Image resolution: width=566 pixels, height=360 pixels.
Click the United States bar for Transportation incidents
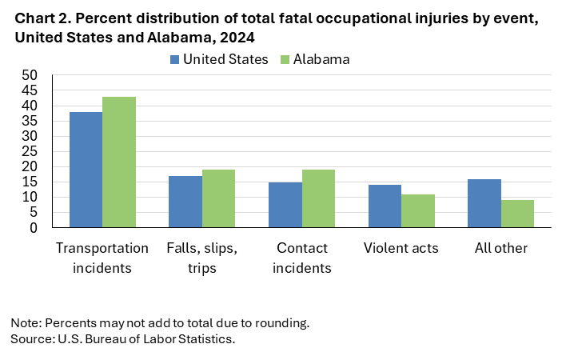(86, 170)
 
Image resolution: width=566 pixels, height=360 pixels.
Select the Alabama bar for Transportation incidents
(119, 162)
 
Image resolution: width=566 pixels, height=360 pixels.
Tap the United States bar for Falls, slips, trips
(185, 202)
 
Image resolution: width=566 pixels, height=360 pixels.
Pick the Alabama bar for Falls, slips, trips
(218, 198)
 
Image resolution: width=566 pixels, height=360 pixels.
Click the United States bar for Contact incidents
(285, 205)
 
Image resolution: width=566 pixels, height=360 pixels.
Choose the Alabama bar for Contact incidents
(318, 198)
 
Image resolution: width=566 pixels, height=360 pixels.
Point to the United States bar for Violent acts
(385, 206)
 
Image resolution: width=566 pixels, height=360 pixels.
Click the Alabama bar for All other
(517, 214)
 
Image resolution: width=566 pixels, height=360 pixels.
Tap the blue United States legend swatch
(174, 59)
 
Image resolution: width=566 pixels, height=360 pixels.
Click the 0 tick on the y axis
(34, 228)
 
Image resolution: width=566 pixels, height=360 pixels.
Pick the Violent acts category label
(401, 248)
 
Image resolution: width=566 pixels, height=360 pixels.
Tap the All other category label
(501, 248)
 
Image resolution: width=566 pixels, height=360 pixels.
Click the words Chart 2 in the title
(37, 17)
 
